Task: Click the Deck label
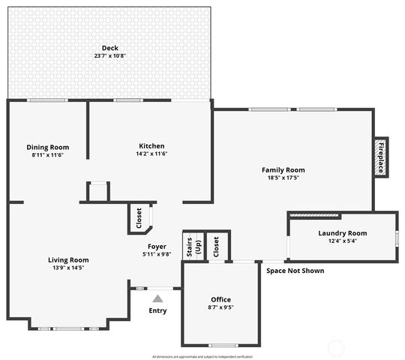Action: [x=110, y=48]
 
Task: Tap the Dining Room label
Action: [x=48, y=147]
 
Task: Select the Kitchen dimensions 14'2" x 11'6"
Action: [x=151, y=154]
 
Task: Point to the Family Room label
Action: [x=283, y=170]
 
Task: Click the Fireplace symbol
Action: [x=380, y=157]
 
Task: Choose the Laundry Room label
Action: [x=342, y=233]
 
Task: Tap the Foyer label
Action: [x=157, y=246]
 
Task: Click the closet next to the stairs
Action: [x=217, y=246]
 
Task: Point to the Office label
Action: [x=220, y=299]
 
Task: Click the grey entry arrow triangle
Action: [x=157, y=298]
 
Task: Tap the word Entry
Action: [x=157, y=310]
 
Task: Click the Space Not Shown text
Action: [x=295, y=271]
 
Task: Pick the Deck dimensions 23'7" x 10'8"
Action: [x=110, y=55]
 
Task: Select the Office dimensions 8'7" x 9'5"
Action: [x=220, y=307]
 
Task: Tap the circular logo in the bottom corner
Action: [x=337, y=348]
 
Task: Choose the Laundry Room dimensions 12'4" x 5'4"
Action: [x=342, y=241]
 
